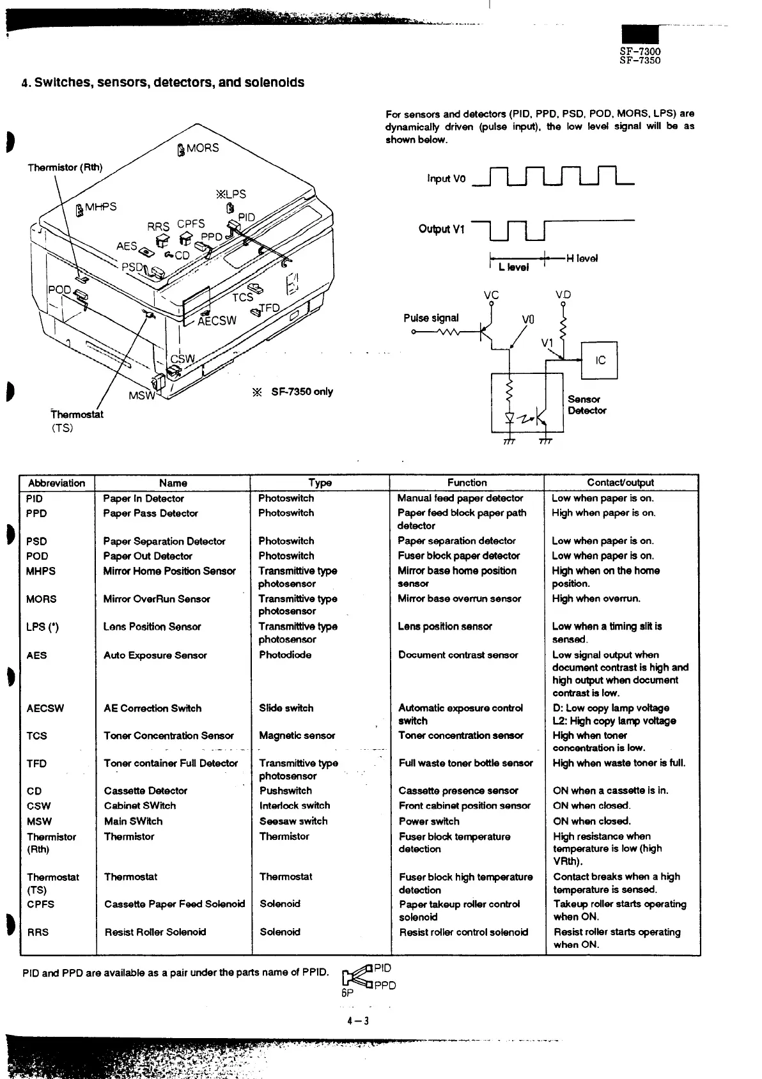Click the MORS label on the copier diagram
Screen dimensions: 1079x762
[x=202, y=148]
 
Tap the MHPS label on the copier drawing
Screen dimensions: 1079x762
[x=101, y=206]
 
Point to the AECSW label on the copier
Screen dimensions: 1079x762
[x=217, y=321]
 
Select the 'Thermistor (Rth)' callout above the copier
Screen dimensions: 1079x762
[x=65, y=167]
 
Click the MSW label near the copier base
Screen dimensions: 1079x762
[x=142, y=395]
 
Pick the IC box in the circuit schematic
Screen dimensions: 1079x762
[x=600, y=361]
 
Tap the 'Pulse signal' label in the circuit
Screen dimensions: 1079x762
[x=431, y=318]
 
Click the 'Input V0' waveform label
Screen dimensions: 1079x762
[x=447, y=178]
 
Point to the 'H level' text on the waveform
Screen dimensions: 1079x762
[x=582, y=258]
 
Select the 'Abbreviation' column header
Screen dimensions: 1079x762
[x=57, y=483]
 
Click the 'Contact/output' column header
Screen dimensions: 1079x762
[x=620, y=483]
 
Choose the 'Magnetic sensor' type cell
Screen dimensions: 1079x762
[x=297, y=736]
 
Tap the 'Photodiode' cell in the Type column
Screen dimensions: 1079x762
[x=285, y=655]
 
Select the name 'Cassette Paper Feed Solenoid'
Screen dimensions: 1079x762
[x=175, y=904]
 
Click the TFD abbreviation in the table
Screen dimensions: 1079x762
[x=36, y=763]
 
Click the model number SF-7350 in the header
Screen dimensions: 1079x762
[x=640, y=60]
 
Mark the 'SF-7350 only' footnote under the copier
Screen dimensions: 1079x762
[x=301, y=392]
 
